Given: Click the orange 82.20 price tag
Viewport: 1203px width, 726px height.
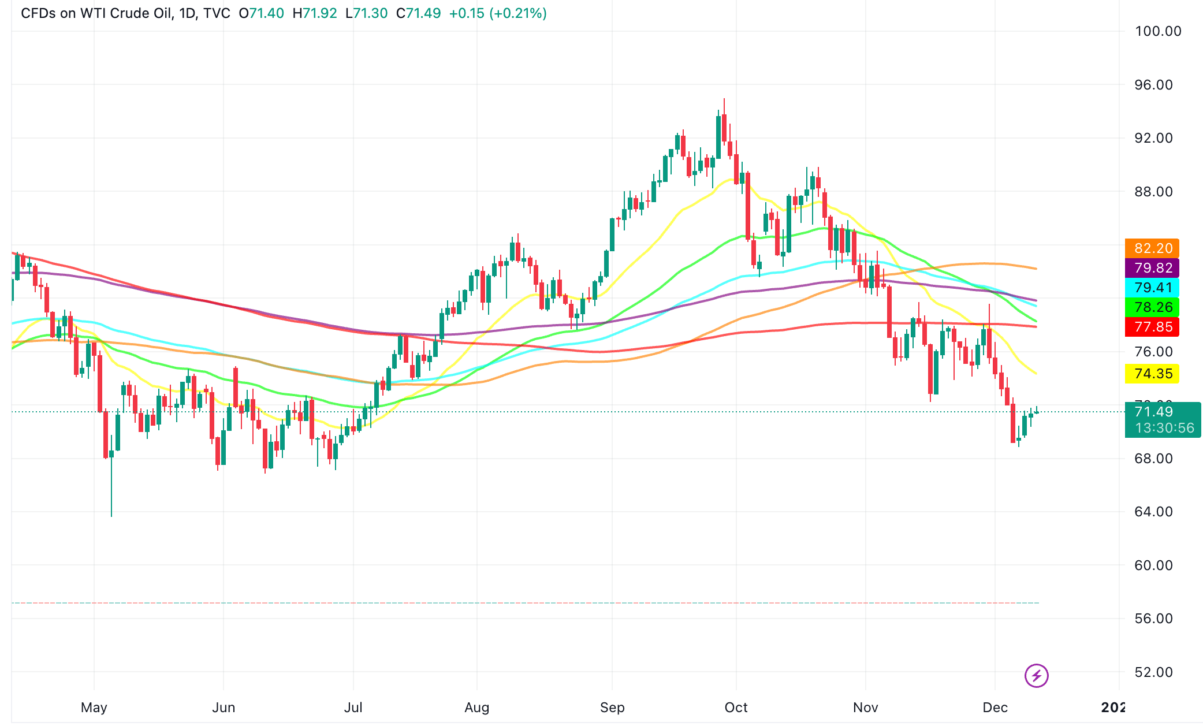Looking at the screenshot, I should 1152,248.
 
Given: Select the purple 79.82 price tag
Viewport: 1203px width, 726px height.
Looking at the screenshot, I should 1152,268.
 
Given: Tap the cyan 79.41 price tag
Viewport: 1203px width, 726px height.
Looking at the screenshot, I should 1152,288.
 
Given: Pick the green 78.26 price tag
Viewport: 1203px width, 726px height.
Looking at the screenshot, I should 1152,307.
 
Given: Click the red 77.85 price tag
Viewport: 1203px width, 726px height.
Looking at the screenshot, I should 1152,327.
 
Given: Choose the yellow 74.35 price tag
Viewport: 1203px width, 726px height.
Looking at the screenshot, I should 1152,374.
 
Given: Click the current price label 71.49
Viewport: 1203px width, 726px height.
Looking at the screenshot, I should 1154,412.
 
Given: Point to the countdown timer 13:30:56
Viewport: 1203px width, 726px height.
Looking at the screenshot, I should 1164,428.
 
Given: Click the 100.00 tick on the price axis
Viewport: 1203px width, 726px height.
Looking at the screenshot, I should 1157,31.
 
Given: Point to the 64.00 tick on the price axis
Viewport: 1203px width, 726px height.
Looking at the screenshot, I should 1153,512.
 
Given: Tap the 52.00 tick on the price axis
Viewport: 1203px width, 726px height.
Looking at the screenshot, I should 1153,672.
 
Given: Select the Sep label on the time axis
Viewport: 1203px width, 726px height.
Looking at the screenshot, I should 612,708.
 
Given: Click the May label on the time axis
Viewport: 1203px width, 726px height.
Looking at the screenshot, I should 94,708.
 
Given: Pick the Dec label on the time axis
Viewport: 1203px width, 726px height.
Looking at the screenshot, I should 995,708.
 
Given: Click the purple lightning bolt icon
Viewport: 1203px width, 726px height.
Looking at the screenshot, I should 1037,675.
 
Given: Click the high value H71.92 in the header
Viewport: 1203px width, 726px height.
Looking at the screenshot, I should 315,13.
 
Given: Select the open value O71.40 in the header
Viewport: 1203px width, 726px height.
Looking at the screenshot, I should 261,13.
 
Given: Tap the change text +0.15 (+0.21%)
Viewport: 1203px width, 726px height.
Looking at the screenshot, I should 498,13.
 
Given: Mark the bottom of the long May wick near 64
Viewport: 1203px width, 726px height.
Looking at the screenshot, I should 111,515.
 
